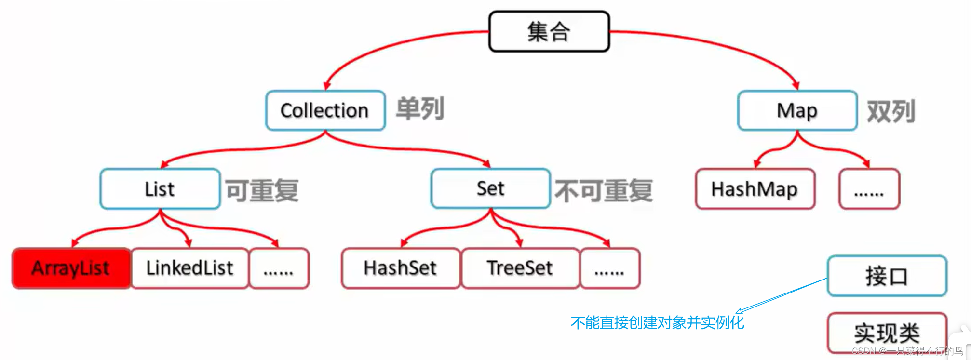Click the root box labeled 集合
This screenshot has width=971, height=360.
549,32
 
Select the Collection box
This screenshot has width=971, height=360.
325,110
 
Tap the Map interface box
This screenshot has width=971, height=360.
797,110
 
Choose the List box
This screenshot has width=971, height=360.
160,189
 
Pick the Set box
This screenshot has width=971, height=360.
490,188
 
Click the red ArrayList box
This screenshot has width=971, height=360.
71,268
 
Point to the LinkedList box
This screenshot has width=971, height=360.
190,268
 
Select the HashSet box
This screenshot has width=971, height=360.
400,268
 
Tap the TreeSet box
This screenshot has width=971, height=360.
520,268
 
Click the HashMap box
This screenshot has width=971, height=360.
755,189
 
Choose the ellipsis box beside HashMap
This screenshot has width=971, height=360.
869,189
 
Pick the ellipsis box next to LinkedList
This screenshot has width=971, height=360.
279,268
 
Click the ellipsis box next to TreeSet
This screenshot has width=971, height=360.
610,268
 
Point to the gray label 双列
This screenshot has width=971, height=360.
890,111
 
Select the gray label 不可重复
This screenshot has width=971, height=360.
604,191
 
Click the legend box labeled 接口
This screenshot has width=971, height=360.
887,276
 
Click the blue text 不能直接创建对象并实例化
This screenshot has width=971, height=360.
657,322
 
